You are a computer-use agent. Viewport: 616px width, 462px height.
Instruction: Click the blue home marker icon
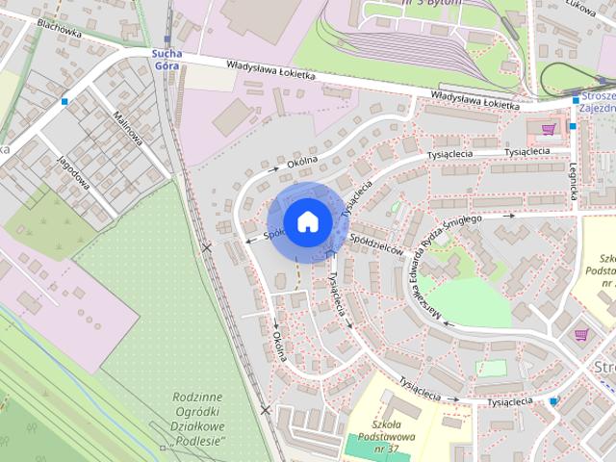(306, 221)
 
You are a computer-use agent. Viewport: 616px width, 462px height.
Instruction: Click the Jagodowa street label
(73, 173)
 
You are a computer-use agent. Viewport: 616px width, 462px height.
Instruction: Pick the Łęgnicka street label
(575, 179)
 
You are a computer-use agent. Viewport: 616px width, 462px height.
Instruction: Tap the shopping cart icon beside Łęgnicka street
(549, 128)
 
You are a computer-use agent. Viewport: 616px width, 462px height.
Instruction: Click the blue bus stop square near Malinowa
(64, 100)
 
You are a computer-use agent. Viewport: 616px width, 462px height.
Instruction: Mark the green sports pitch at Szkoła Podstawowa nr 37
(366, 446)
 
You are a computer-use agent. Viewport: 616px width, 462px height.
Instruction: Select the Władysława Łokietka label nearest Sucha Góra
(271, 70)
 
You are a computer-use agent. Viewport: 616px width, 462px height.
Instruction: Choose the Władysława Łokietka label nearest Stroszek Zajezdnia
(475, 97)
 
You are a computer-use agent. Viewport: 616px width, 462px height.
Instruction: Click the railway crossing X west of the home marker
(207, 248)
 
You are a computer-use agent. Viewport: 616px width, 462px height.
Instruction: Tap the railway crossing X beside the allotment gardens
(265, 410)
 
